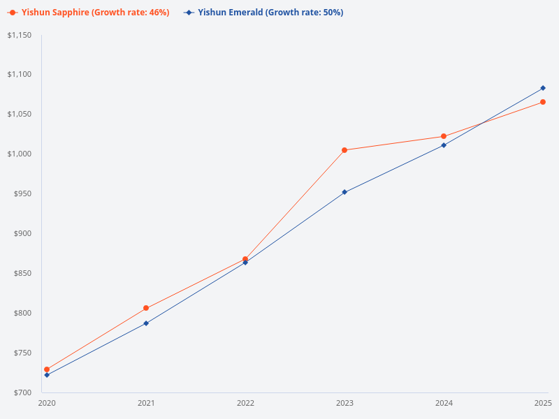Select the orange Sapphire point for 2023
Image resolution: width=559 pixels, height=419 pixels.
point(344,150)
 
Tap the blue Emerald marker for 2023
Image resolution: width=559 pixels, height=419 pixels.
point(344,192)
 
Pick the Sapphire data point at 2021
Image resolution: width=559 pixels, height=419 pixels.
point(146,308)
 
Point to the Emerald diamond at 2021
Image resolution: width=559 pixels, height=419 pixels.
point(146,323)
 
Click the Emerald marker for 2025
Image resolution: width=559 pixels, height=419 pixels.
point(543,88)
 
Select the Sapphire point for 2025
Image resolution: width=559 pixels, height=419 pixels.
point(543,102)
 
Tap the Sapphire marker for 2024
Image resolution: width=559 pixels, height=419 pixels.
point(444,136)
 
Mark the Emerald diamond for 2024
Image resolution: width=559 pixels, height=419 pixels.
point(444,145)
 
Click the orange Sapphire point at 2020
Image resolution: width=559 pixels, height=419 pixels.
point(47,369)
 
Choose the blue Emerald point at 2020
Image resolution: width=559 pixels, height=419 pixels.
point(47,375)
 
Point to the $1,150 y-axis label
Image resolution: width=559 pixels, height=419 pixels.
point(20,35)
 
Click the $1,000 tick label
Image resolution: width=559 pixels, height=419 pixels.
point(20,154)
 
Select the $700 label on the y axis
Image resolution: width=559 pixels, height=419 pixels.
point(22,392)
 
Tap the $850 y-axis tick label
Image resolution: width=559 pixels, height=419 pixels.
point(22,273)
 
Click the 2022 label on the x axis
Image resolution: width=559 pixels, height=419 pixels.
point(245,404)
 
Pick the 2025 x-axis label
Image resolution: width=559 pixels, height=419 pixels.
point(543,404)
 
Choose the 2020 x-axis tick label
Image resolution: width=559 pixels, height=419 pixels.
point(47,404)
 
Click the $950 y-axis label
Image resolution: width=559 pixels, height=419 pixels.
point(22,194)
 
